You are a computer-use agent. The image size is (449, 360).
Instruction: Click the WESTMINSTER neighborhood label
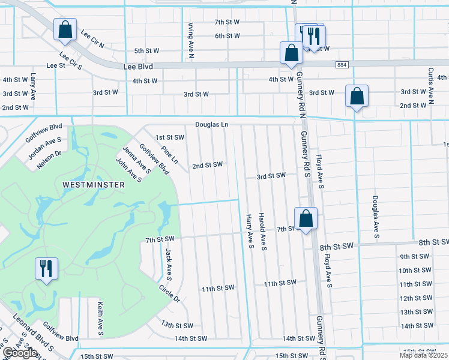tap(93, 185)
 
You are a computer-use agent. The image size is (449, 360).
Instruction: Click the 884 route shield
tap(342, 64)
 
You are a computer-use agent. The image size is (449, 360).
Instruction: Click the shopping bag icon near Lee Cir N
tap(64, 29)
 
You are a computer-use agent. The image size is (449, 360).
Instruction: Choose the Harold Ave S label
tap(262, 231)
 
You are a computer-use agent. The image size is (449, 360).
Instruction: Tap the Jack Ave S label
tap(169, 265)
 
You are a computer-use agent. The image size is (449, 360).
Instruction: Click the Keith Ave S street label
tap(100, 319)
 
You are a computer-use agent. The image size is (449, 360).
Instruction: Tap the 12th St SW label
tap(415, 298)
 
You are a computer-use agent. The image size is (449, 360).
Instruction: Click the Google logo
tap(20, 353)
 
